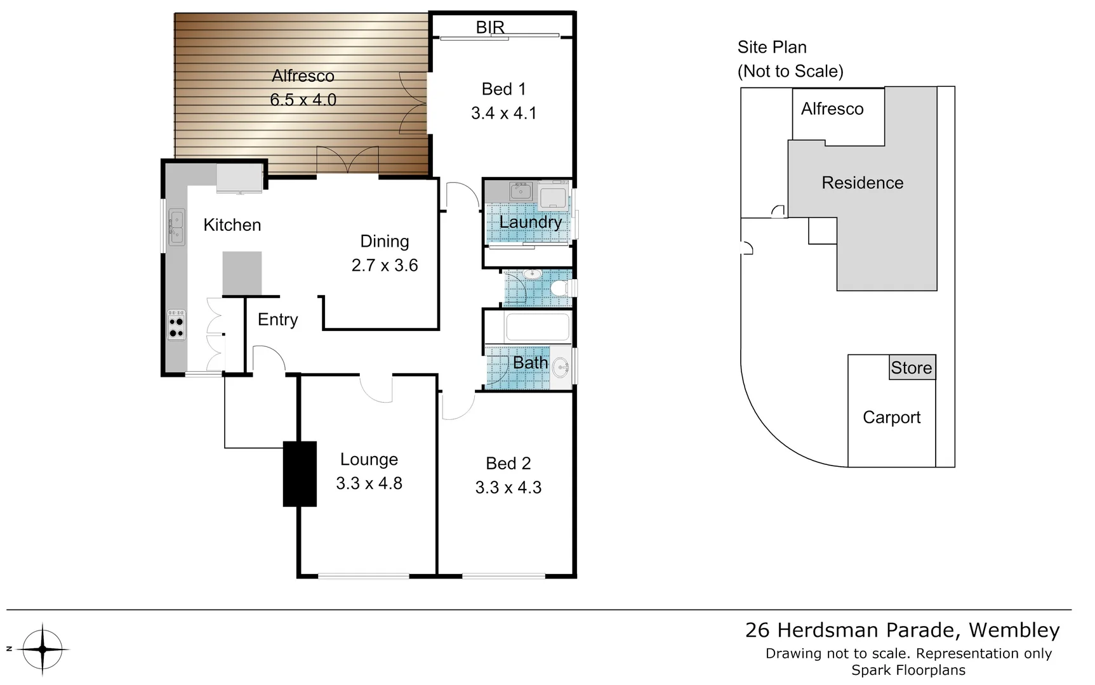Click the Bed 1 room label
pos(503,89)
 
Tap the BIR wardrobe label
pos(490,27)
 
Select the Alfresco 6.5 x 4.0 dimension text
pos(303,100)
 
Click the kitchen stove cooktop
pos(176,325)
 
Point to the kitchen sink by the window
pos(176,227)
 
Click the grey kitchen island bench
pos(242,273)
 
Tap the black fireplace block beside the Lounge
pos(300,474)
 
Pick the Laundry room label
pos(530,222)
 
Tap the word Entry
pos(277,320)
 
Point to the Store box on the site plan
pos(912,367)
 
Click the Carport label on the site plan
pos(891,417)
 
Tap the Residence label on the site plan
pos(862,183)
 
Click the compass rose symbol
pos(43,649)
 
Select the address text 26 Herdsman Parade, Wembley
pos(902,630)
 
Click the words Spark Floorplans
pos(908,670)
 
